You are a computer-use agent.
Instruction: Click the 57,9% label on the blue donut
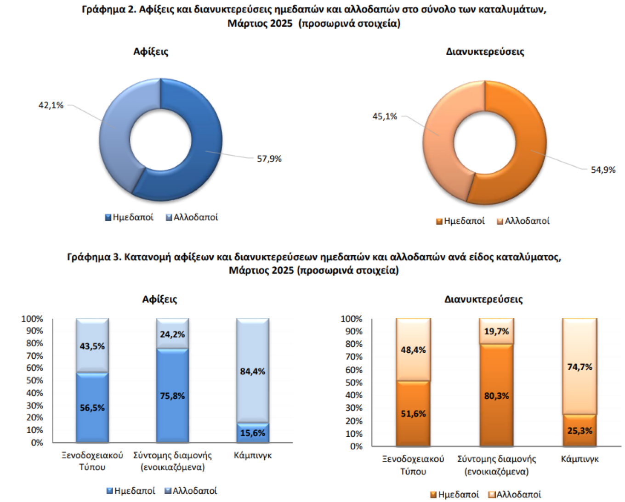269,159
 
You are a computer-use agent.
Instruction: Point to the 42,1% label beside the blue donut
51,106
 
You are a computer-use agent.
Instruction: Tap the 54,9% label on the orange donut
603,170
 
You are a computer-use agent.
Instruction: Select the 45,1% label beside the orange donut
385,117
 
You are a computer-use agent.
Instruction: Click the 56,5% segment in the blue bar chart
92,407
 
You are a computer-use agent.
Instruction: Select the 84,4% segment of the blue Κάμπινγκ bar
253,371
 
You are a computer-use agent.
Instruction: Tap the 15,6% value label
253,433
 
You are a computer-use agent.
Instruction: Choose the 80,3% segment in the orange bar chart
496,396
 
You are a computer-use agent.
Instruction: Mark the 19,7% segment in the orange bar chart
496,332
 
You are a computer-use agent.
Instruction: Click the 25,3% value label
580,431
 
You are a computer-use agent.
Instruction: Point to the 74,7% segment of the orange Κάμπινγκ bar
580,367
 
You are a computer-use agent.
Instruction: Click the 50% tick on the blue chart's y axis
34,381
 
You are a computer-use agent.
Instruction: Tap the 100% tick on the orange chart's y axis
352,319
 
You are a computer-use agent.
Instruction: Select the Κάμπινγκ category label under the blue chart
253,456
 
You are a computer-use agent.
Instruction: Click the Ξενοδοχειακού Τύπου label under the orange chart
413,465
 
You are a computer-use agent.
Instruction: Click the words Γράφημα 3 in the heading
94,257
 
